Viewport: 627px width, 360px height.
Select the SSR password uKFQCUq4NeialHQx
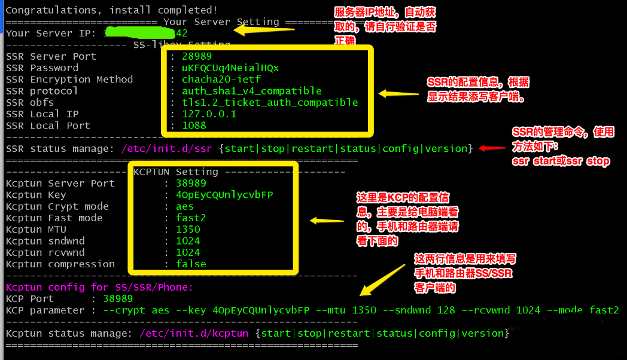point(230,68)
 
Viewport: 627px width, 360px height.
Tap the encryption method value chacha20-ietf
point(221,79)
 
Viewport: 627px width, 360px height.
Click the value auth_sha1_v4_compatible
point(251,91)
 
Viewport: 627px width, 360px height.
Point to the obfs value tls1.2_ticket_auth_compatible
point(270,102)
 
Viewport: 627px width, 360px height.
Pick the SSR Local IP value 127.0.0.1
point(209,114)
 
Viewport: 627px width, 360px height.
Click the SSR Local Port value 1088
point(194,126)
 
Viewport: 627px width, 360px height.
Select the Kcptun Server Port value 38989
point(191,183)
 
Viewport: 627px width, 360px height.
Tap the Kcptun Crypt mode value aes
point(185,206)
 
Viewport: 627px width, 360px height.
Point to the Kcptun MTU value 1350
point(188,229)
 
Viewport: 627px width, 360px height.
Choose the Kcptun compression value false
point(191,264)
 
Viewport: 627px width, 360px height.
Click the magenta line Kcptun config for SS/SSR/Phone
point(99,287)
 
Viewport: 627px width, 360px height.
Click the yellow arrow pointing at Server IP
point(264,30)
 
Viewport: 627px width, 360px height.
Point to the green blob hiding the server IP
point(135,33)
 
